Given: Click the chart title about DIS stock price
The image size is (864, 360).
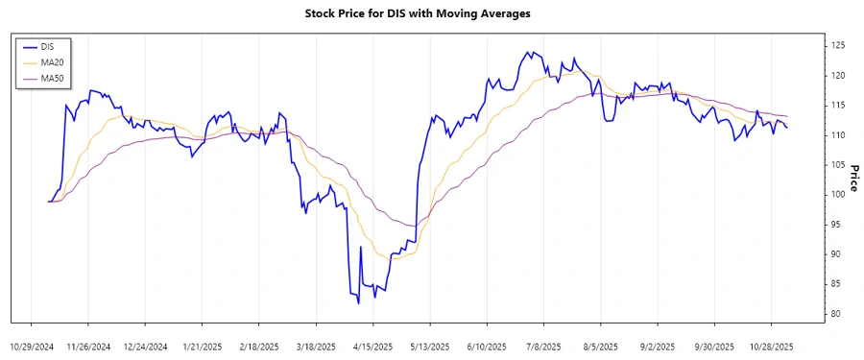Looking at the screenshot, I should pyautogui.click(x=430, y=13).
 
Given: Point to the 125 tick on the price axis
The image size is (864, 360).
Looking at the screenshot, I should pyautogui.click(x=837, y=45).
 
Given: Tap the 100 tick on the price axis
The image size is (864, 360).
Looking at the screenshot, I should pyautogui.click(x=837, y=194).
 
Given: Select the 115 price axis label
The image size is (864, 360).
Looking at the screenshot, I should pyautogui.click(x=837, y=105).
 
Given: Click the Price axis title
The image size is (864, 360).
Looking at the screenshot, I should pyautogui.click(x=852, y=179).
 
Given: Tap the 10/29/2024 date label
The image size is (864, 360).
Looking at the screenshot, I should pyautogui.click(x=33, y=346).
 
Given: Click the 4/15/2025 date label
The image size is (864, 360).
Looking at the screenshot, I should pyautogui.click(x=373, y=346).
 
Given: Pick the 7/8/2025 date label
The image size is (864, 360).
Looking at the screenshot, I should pyautogui.click(x=543, y=346).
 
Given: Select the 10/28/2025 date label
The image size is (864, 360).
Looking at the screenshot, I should pyautogui.click(x=771, y=346).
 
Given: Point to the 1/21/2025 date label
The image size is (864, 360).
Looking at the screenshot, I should pyautogui.click(x=203, y=346).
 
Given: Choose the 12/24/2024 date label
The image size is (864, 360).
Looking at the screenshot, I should pyautogui.click(x=146, y=346).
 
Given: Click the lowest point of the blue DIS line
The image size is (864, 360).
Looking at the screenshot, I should pyautogui.click(x=358, y=303).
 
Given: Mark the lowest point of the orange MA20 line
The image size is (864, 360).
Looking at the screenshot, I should pyautogui.click(x=390, y=259).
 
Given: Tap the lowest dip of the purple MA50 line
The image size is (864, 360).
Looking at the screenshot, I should pyautogui.click(x=413, y=227).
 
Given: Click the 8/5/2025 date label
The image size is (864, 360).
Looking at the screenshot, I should pyautogui.click(x=600, y=346).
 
